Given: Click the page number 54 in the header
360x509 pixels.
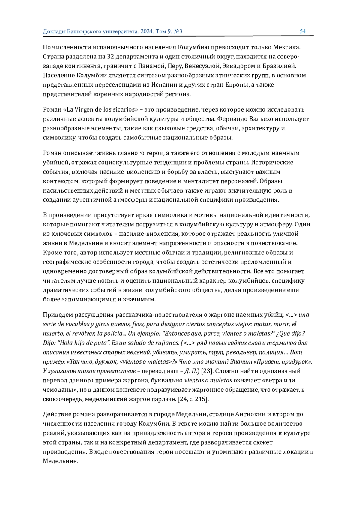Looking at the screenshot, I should click(302, 31).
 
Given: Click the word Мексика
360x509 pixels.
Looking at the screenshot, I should click(286, 47).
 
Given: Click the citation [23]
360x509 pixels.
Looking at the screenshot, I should click(206, 371).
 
